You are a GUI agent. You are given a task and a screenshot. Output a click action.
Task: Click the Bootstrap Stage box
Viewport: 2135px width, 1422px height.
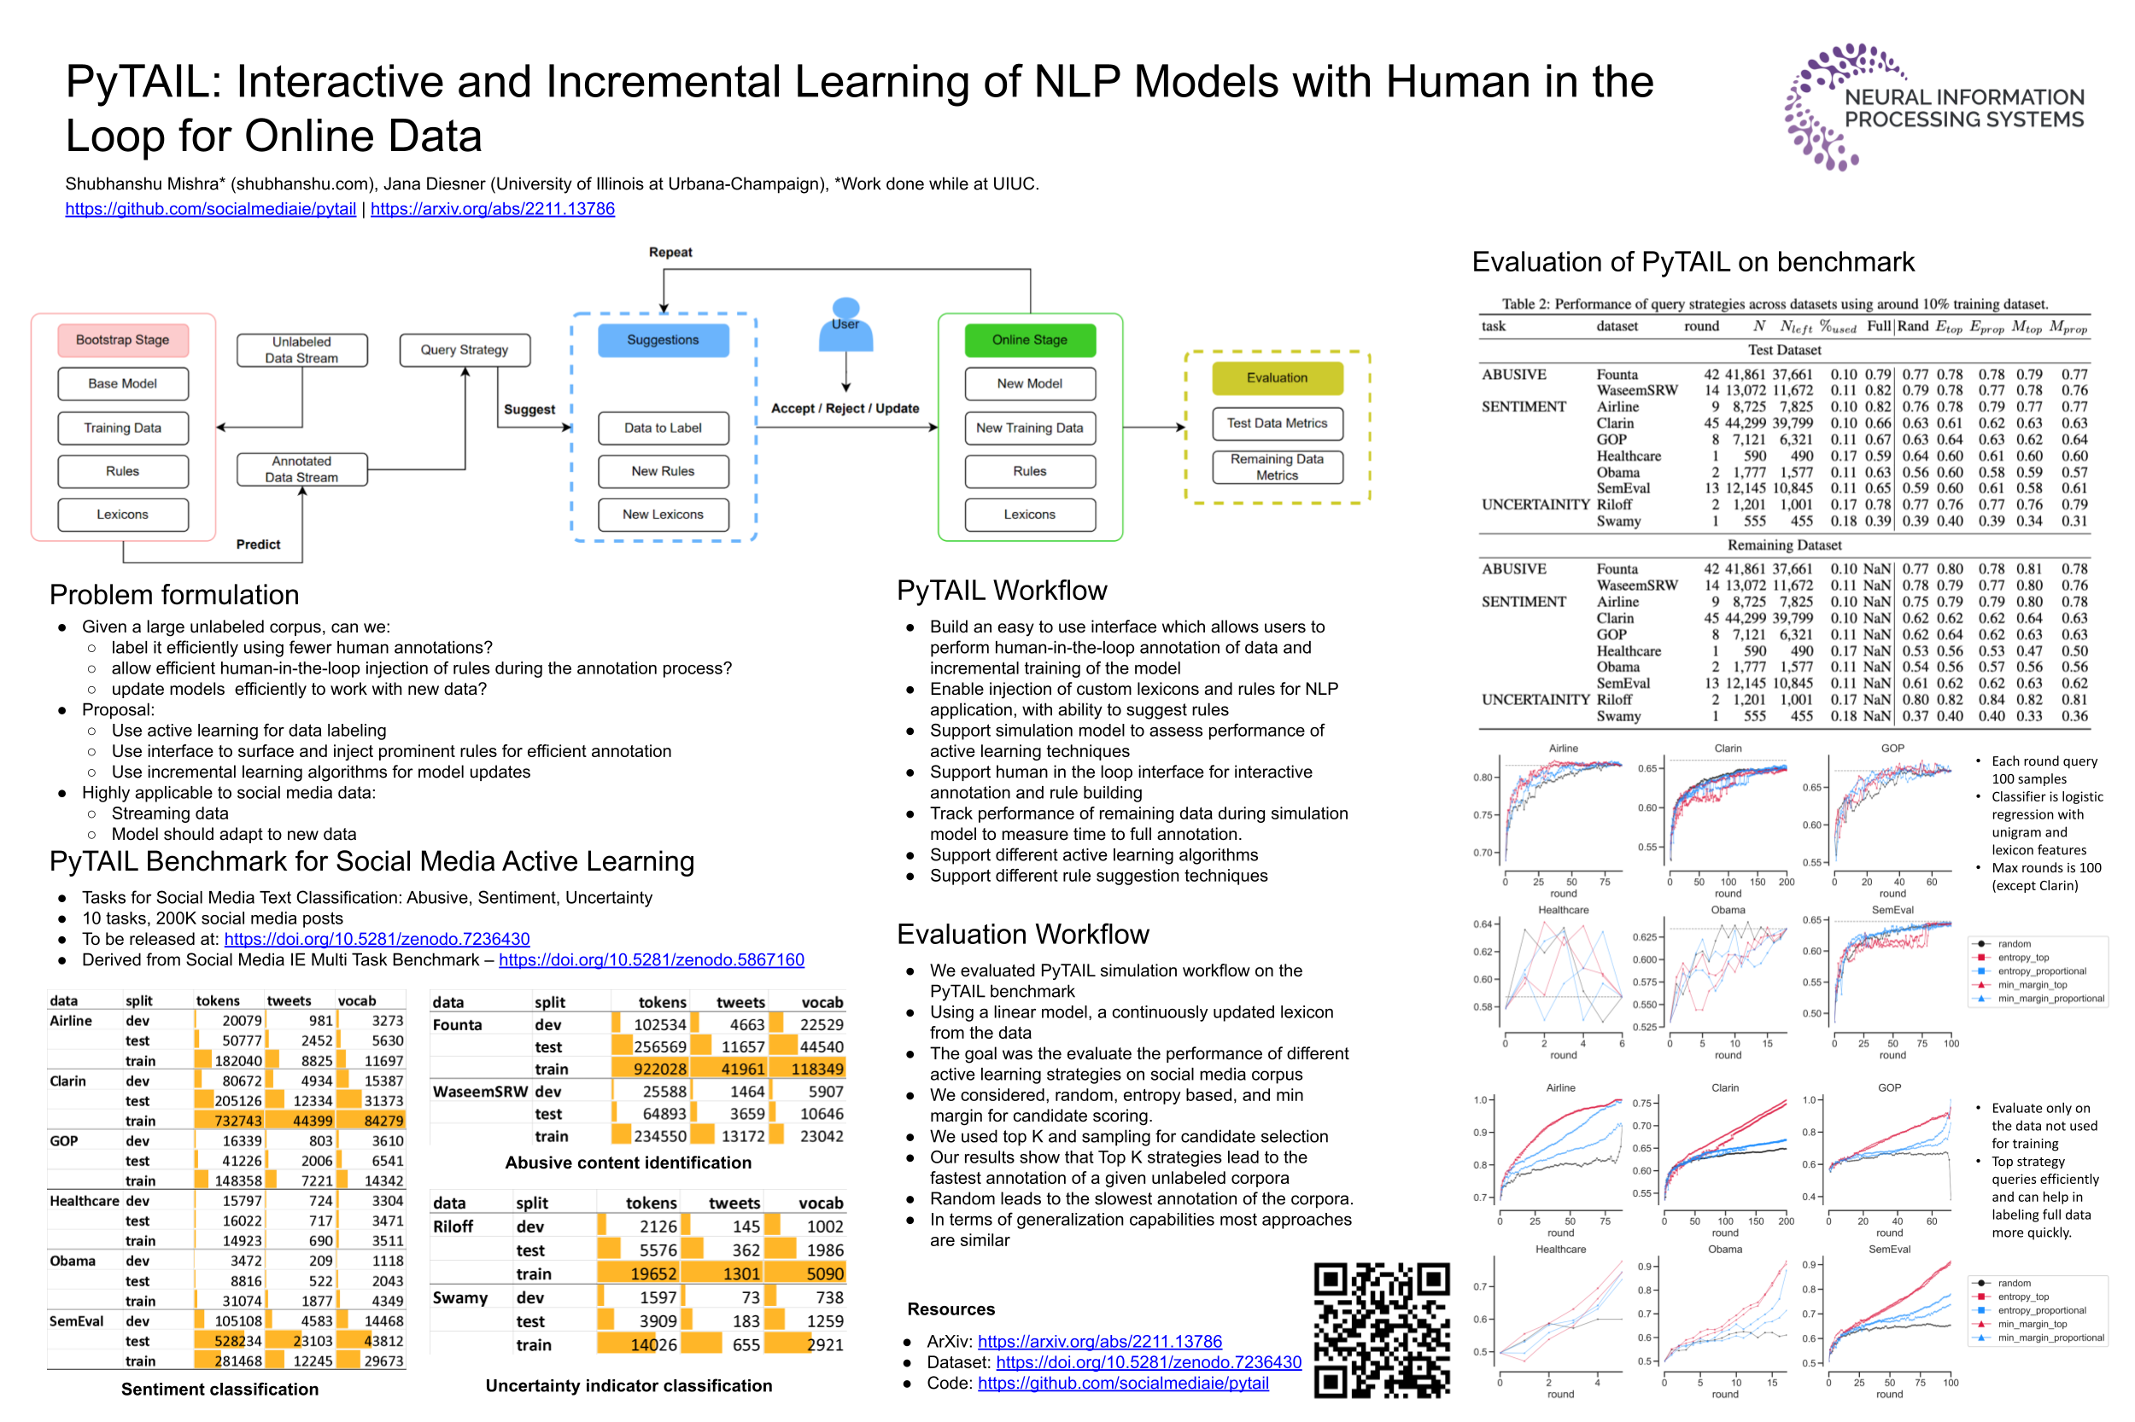click(x=122, y=340)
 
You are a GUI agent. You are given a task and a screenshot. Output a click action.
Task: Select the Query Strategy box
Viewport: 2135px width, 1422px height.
click(x=464, y=350)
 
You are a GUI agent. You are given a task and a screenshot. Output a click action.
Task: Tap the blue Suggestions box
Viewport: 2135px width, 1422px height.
click(x=663, y=340)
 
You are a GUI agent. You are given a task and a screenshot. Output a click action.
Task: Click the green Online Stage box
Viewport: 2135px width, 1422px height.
click(x=1029, y=340)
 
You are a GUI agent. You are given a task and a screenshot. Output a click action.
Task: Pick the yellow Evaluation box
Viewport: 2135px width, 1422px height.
click(x=1276, y=378)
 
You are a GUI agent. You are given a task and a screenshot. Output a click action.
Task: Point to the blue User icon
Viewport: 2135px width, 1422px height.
click(x=845, y=324)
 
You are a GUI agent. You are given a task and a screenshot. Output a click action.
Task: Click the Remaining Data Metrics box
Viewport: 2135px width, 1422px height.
click(x=1276, y=467)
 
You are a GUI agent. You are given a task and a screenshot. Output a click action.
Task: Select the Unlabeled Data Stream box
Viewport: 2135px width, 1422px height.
click(x=301, y=350)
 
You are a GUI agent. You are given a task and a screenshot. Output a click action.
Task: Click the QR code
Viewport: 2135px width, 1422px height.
click(x=1381, y=1330)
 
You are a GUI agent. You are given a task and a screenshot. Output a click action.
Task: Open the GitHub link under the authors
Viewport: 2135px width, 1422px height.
click(x=210, y=208)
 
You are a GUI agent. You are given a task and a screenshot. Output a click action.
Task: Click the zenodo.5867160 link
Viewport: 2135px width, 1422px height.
click(x=651, y=959)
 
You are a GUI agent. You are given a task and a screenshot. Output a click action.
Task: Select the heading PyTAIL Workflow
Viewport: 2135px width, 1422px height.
click(x=1001, y=591)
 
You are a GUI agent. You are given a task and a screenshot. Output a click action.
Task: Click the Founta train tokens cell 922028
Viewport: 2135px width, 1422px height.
click(x=659, y=1069)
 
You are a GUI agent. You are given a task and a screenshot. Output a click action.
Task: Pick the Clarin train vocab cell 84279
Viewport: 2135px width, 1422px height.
click(x=383, y=1121)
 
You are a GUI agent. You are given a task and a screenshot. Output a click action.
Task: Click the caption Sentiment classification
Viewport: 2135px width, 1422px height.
click(x=219, y=1389)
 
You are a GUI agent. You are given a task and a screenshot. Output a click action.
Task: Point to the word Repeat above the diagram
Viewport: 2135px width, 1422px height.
click(x=670, y=252)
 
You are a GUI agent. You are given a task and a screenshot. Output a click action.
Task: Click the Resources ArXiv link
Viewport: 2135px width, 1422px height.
click(x=1099, y=1341)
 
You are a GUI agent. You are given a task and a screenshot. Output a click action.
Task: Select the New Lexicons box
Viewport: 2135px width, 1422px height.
click(x=663, y=514)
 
